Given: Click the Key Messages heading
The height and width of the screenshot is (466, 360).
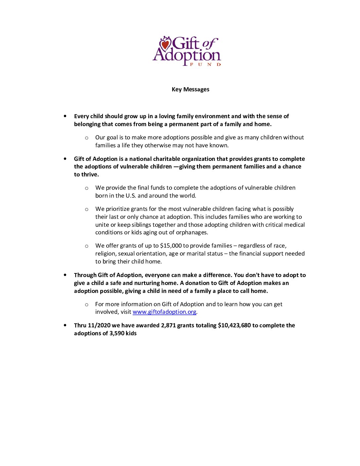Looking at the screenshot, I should click(190, 89).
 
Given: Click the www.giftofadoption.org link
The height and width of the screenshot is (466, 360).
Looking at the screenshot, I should click(164, 312).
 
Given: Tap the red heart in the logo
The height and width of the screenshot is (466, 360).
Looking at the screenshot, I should click(165, 44).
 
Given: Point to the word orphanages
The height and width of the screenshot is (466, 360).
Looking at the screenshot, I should click(193, 233).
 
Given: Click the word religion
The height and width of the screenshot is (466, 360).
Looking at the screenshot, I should click(106, 254).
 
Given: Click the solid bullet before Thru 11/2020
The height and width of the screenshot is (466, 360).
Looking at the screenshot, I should click(65, 325).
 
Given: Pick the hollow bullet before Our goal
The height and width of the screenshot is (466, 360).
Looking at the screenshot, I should click(87, 138).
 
